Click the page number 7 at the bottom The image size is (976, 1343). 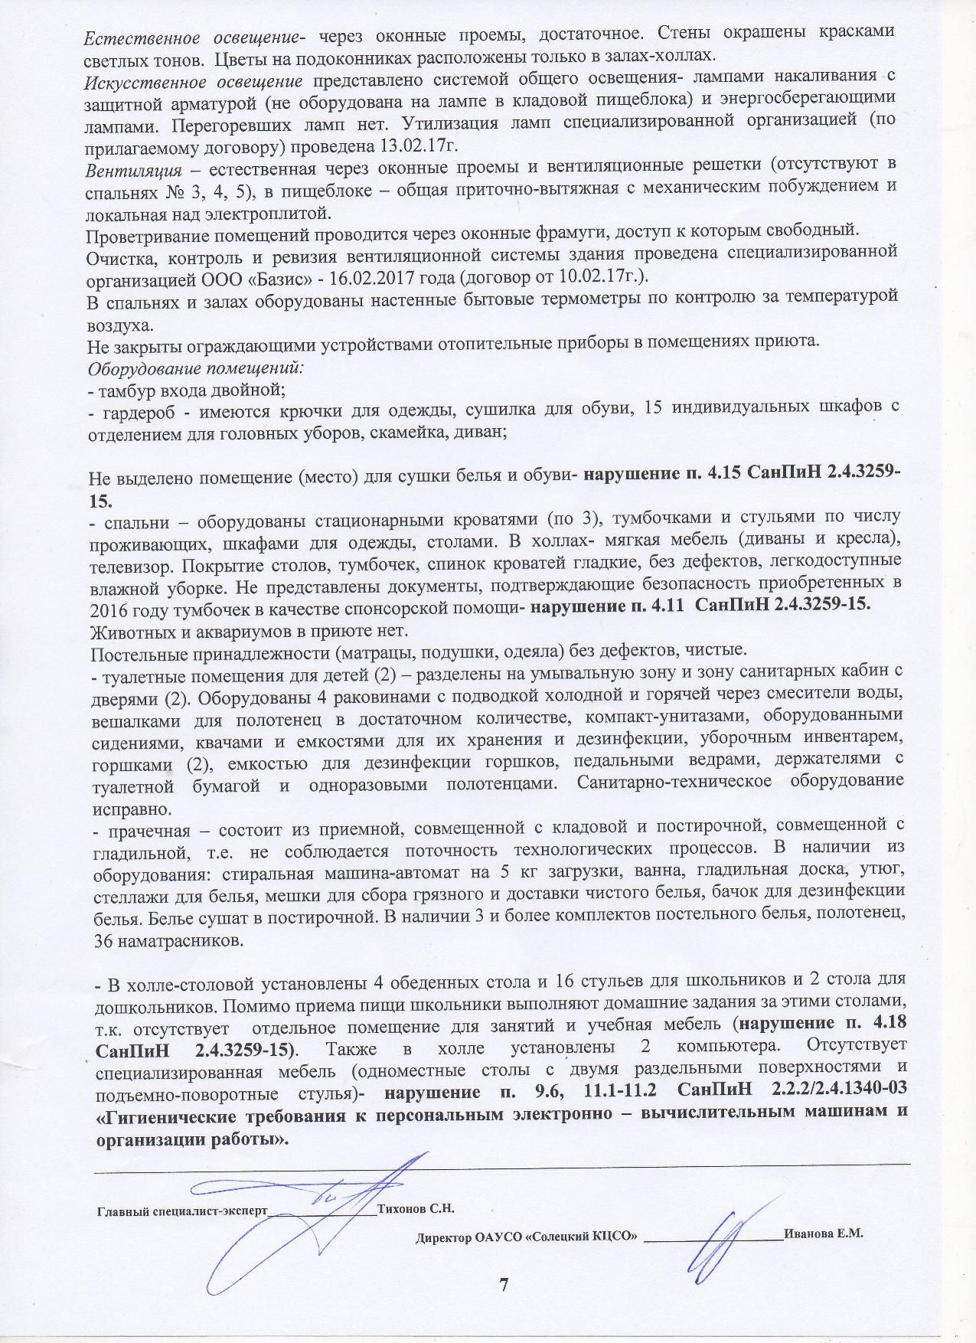(x=503, y=1284)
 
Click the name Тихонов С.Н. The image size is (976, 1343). (x=416, y=1209)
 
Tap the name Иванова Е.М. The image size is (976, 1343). (x=824, y=1234)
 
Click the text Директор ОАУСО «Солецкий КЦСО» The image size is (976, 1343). (x=527, y=1235)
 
